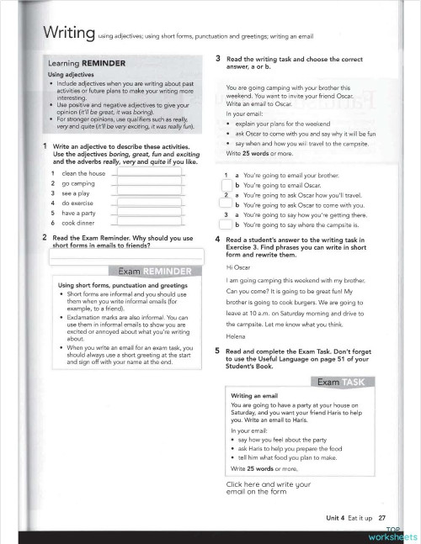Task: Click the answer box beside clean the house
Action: (147, 172)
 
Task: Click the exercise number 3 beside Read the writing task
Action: (218, 58)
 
